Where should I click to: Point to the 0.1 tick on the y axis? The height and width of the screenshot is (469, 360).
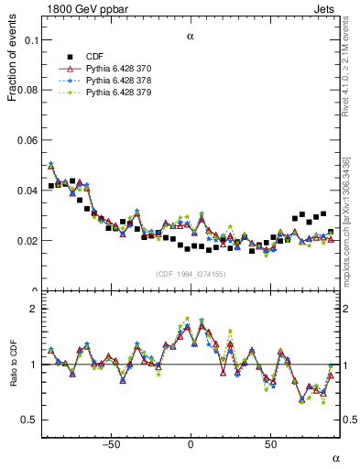(32, 40)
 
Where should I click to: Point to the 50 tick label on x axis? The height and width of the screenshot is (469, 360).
(270, 444)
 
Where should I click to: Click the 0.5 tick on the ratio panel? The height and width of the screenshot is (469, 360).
(31, 420)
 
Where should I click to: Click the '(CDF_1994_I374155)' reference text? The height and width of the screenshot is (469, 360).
(191, 274)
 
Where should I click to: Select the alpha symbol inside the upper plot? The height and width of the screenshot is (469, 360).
(191, 37)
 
